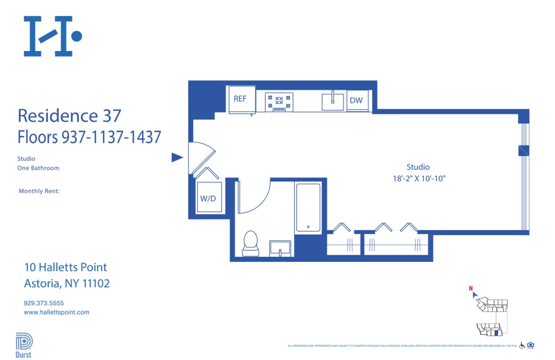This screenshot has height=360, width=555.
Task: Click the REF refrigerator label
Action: (x=240, y=99)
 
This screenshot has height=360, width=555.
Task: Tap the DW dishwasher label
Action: (x=356, y=100)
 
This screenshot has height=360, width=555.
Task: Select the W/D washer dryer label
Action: (x=208, y=199)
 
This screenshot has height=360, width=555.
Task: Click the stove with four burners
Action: (x=279, y=101)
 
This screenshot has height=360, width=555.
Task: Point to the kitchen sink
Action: (x=333, y=101)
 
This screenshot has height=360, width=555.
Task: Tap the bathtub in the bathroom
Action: (x=308, y=207)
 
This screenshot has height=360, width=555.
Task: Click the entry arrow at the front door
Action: (x=177, y=158)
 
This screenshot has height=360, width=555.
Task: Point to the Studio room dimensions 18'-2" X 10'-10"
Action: (x=418, y=179)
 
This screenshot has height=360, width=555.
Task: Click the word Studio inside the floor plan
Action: (x=418, y=167)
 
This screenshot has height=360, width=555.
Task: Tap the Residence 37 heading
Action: (x=69, y=116)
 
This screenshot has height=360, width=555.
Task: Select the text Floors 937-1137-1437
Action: (x=89, y=136)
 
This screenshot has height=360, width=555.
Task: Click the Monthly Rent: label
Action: (x=39, y=191)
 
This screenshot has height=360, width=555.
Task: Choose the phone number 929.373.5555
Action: (x=44, y=303)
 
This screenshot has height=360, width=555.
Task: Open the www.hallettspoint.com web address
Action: (x=57, y=312)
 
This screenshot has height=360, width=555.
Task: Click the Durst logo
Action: (x=23, y=345)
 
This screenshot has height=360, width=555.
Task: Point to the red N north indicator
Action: (x=471, y=288)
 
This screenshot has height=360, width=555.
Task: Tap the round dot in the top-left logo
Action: (x=77, y=37)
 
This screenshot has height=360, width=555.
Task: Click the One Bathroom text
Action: (x=38, y=168)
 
